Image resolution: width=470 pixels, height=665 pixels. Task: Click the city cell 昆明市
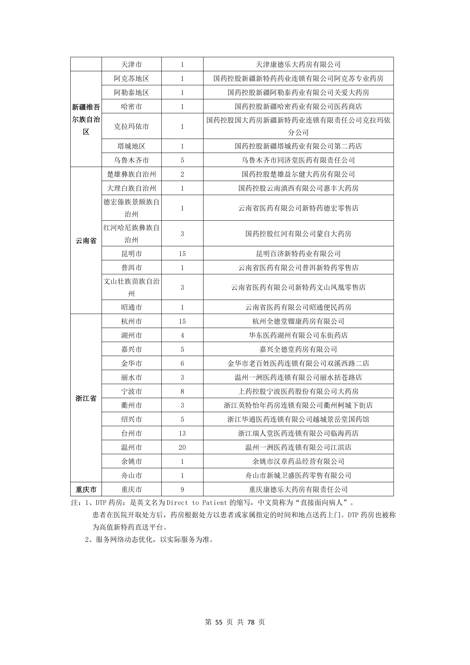pyautogui.click(x=132, y=254)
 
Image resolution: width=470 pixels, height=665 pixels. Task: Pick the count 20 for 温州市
pyautogui.click(x=182, y=448)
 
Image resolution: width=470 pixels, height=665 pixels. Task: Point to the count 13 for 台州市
pyautogui.click(x=182, y=433)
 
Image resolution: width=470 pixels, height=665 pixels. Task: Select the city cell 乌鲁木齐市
pyautogui.click(x=132, y=160)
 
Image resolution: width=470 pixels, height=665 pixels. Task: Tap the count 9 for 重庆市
pyautogui.click(x=182, y=489)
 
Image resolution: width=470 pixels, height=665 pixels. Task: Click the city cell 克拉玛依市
pyautogui.click(x=132, y=126)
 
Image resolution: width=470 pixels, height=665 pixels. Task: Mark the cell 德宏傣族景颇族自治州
pyautogui.click(x=132, y=208)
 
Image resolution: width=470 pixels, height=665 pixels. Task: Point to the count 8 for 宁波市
pyautogui.click(x=182, y=391)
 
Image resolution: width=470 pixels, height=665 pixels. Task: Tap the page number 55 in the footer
pyautogui.click(x=219, y=622)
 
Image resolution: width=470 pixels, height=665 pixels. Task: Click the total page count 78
pyautogui.click(x=251, y=622)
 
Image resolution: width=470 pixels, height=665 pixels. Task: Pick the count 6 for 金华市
pyautogui.click(x=182, y=363)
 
